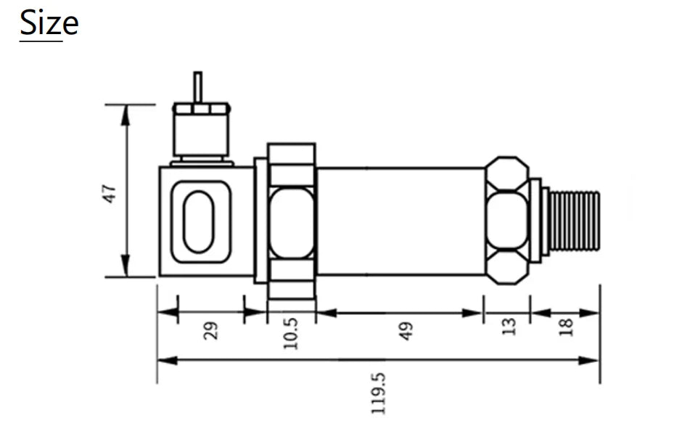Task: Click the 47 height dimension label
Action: click(x=110, y=193)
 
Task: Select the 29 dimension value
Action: click(x=210, y=330)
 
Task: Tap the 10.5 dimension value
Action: click(x=291, y=332)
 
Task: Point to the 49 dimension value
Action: click(x=406, y=330)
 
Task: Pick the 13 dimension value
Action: click(x=509, y=327)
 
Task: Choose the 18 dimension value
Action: click(x=567, y=327)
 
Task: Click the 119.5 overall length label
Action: click(x=378, y=393)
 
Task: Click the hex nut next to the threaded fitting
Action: click(x=507, y=220)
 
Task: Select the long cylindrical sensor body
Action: click(x=401, y=221)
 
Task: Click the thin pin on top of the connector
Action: click(x=197, y=86)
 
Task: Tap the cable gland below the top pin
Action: click(x=201, y=133)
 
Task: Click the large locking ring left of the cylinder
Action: click(x=291, y=221)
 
